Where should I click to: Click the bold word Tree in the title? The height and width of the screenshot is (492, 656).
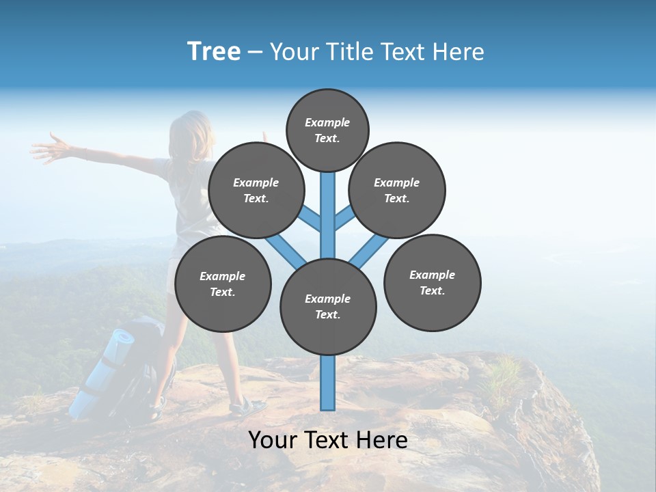pos(214,52)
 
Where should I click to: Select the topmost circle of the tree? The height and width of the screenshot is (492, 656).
pos(327,130)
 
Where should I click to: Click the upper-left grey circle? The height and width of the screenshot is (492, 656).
pos(256,190)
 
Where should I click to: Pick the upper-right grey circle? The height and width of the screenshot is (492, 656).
pos(397,190)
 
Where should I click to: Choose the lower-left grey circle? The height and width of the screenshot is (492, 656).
pos(223,284)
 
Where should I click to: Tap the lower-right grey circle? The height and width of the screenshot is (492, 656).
pos(433,282)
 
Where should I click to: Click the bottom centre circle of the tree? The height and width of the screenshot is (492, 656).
pos(328,306)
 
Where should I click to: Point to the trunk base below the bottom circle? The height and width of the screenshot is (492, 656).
pos(328,383)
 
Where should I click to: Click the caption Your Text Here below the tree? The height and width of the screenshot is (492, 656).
pos(328,440)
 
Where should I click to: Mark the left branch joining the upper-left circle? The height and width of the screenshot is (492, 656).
pos(309,217)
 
